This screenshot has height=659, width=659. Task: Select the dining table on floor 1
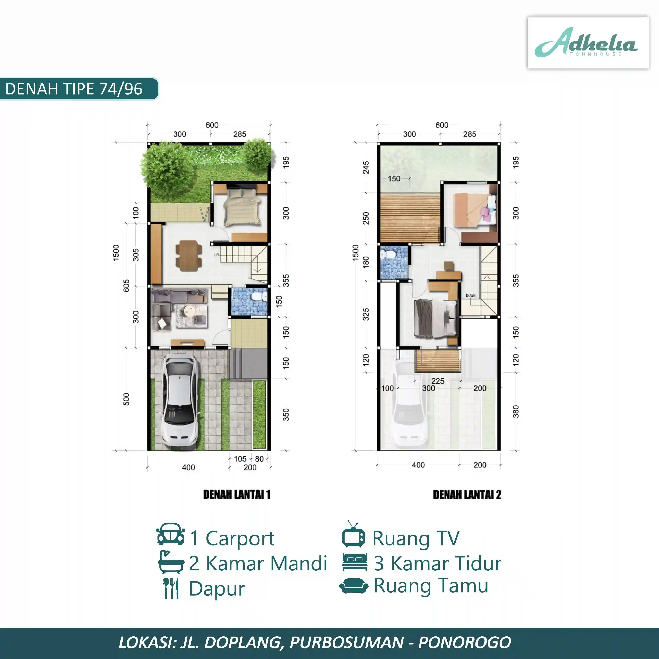point(188,256)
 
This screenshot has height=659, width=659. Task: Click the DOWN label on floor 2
point(471,295)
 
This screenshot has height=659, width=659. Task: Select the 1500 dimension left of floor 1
point(116,253)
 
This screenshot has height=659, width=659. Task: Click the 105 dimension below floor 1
point(240,459)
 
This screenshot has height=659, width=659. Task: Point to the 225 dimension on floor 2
point(438,381)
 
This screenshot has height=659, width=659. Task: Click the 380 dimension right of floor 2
point(516,411)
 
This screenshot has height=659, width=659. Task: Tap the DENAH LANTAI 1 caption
point(237,495)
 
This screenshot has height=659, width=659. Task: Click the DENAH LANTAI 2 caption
point(467,495)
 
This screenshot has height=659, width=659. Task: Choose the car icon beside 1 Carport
point(171,534)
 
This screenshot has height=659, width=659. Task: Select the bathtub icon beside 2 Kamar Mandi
point(171,562)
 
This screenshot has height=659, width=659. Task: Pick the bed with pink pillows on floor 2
point(475,210)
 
